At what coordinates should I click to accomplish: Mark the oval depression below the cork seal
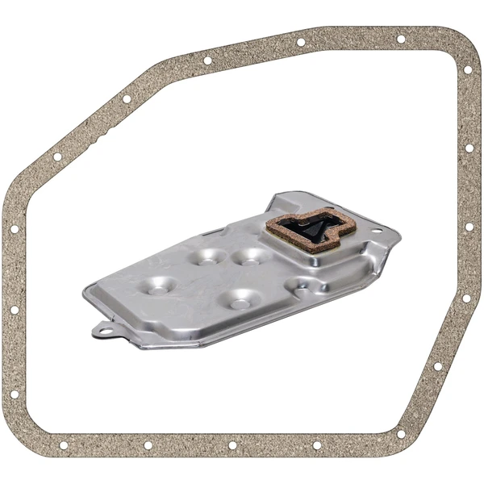307,284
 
